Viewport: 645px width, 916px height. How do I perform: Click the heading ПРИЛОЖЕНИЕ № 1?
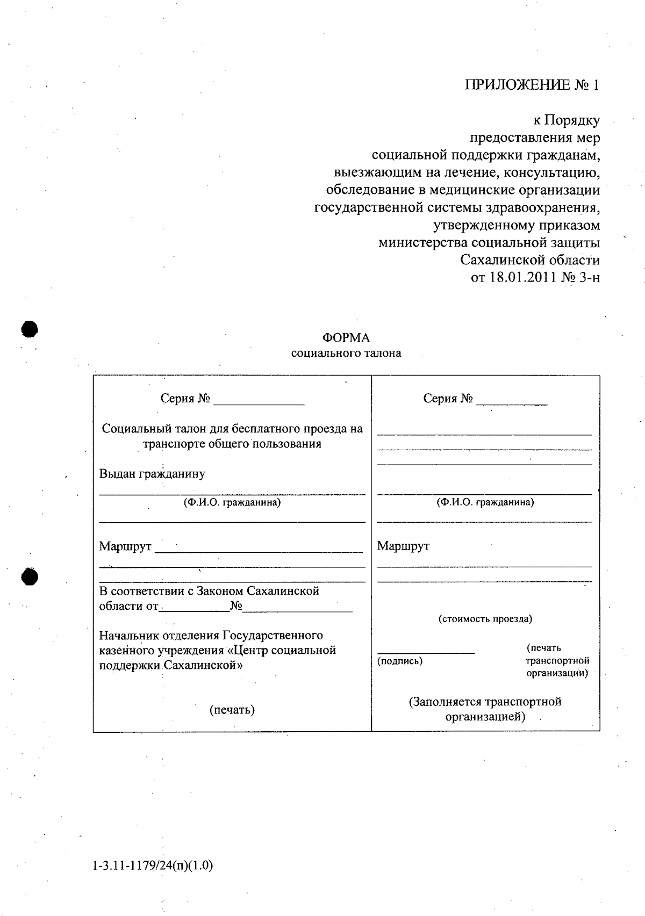(x=531, y=85)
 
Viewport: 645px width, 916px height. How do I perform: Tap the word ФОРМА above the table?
(x=346, y=338)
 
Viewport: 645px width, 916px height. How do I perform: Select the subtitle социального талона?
(x=346, y=354)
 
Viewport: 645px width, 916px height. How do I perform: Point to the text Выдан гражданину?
(x=152, y=474)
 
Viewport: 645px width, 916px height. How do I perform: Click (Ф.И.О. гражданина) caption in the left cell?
(x=232, y=503)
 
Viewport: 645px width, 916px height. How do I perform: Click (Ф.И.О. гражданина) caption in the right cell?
(x=485, y=503)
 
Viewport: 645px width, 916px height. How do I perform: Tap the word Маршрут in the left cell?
(x=125, y=546)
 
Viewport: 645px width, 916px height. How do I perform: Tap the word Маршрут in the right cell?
(x=403, y=546)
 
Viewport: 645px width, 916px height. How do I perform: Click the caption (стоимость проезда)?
(x=485, y=619)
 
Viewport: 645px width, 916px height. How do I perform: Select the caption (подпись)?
(x=400, y=661)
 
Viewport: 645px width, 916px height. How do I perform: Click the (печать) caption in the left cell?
(x=232, y=710)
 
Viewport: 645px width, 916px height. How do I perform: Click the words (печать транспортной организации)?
(x=557, y=660)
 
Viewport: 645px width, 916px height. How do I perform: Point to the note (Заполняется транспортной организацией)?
(x=485, y=709)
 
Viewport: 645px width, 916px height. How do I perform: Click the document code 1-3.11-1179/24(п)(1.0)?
(x=153, y=866)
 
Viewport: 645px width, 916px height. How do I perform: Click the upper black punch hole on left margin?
(x=30, y=329)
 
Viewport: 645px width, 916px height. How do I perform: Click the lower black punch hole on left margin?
(x=30, y=576)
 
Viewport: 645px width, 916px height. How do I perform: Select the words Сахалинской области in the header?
(x=530, y=261)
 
